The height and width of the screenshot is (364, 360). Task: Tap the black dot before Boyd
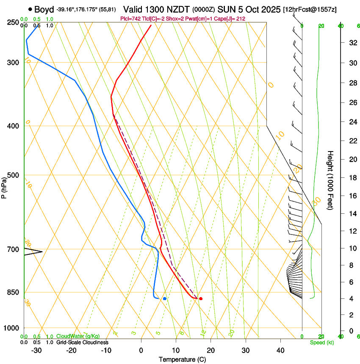click(30, 9)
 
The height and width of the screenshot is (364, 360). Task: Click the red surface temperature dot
click(200, 299)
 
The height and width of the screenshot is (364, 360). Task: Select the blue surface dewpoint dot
click(165, 299)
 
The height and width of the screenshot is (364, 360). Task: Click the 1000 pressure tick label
click(12, 328)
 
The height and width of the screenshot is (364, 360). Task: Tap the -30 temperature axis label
click(36, 350)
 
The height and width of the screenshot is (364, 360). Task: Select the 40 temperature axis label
click(280, 350)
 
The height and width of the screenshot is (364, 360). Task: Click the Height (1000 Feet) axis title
click(331, 180)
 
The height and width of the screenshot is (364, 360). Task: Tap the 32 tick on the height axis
click(352, 43)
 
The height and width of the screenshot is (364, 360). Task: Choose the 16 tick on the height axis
click(352, 196)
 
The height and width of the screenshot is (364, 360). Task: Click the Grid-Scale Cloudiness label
click(82, 342)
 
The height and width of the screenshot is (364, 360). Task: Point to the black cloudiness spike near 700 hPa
click(34, 252)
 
